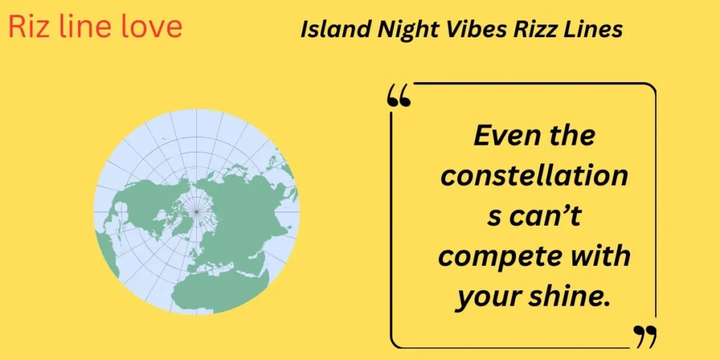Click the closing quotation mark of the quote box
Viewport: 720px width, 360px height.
[645, 336]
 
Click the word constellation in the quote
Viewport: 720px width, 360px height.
[534, 176]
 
